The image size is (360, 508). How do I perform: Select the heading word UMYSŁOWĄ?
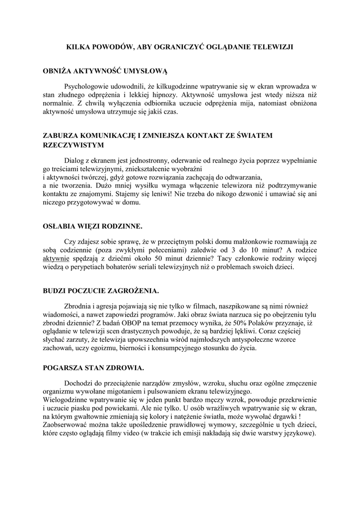pyautogui.click(x=145, y=71)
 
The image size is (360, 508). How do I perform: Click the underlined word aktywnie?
pyautogui.click(x=56, y=258)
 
